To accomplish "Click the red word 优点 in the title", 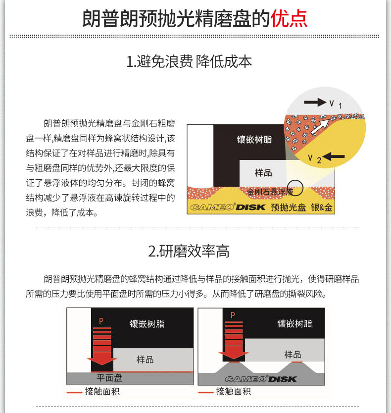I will point(289,18).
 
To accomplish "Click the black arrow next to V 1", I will point(315,103).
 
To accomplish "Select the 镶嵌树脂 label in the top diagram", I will point(254,140).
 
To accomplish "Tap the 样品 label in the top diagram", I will point(263,173).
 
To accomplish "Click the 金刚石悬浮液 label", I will point(270,191).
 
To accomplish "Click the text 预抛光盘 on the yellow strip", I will point(288,207).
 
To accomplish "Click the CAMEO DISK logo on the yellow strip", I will point(228,207).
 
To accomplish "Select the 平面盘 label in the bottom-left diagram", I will point(109,378).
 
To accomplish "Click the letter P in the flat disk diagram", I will point(101,321).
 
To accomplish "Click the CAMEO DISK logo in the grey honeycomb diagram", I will point(261,379).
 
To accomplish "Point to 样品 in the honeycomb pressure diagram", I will point(293,355).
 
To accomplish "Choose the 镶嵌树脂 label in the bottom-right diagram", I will point(294,323).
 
